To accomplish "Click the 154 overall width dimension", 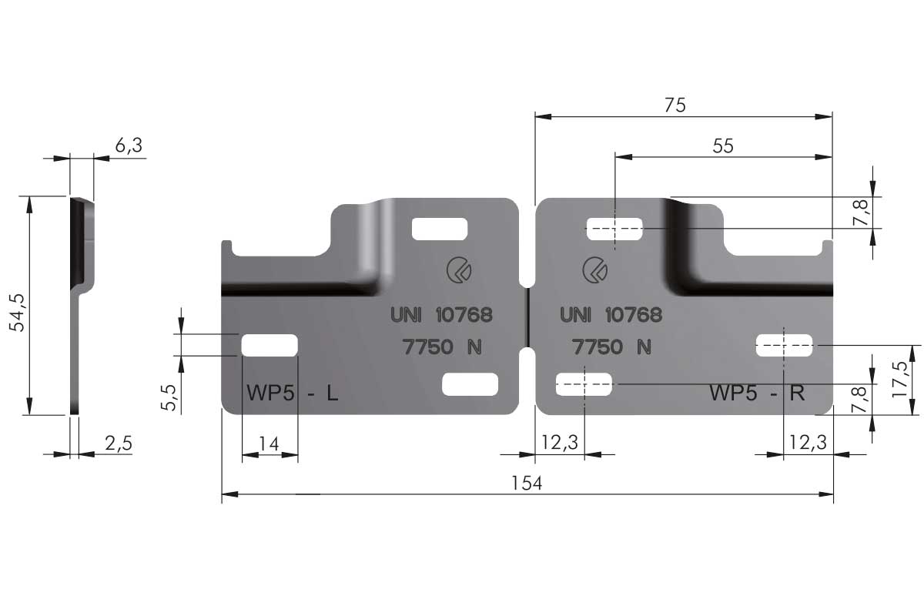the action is (x=527, y=483).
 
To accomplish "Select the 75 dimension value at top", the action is (x=675, y=105).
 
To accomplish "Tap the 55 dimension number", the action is (x=723, y=146).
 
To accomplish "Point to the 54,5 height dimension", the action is (x=17, y=313).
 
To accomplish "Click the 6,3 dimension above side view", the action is (x=129, y=146).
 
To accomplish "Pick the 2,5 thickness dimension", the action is (x=119, y=444).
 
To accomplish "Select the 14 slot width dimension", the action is (x=269, y=444).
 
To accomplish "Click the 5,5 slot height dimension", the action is (x=169, y=398).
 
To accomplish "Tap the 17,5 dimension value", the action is (x=900, y=380).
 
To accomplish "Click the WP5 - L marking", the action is (x=292, y=393).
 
